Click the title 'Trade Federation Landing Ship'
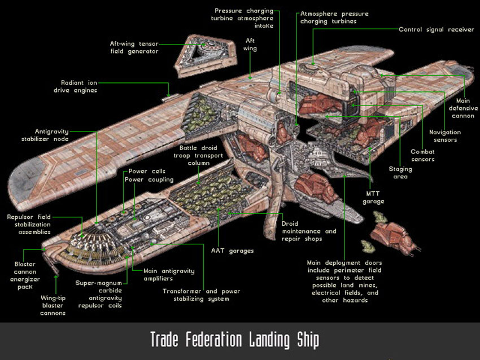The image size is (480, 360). [235, 340]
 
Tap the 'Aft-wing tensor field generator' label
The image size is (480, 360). [134, 47]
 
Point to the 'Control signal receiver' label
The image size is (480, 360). [436, 29]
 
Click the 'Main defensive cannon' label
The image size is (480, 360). [463, 108]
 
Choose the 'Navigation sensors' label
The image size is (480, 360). [445, 136]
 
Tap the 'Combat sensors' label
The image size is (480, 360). [422, 155]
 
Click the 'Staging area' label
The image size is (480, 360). [400, 173]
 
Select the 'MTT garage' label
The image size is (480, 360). [373, 197]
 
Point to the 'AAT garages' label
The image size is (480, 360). [232, 251]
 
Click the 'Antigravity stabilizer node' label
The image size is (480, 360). [45, 135]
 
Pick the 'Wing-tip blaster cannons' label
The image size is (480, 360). [53, 305]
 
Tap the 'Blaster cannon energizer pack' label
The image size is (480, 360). [25, 275]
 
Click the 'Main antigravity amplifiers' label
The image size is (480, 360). [169, 275]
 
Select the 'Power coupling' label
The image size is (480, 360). [149, 179]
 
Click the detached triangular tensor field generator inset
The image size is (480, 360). [206, 55]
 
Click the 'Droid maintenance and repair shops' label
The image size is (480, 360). [308, 231]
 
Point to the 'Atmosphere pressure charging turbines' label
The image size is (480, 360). [334, 17]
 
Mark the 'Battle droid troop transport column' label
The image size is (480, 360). [198, 155]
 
